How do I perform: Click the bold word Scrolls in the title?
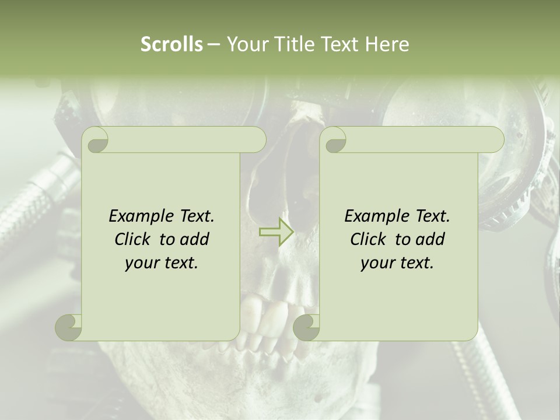coord(171,44)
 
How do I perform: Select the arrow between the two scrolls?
coord(276,232)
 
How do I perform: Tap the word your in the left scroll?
coord(140,262)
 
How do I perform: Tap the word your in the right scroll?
coord(376,262)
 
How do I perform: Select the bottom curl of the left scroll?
coord(69,327)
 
